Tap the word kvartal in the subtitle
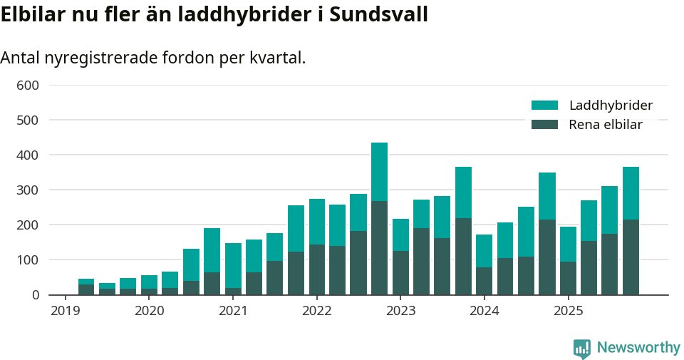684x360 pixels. tap(278, 58)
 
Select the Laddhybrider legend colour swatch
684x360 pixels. tap(544, 106)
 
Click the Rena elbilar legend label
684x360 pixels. tap(606, 125)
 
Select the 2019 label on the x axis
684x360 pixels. tap(66, 311)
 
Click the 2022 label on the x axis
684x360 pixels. tap(317, 311)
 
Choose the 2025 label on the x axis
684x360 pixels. tap(569, 311)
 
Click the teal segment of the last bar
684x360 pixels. tap(631, 193)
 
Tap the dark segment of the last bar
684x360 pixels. tap(631, 257)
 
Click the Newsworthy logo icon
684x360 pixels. tap(581, 348)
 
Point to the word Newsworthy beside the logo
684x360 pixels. tap(638, 348)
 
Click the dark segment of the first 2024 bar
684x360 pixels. tap(484, 281)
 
